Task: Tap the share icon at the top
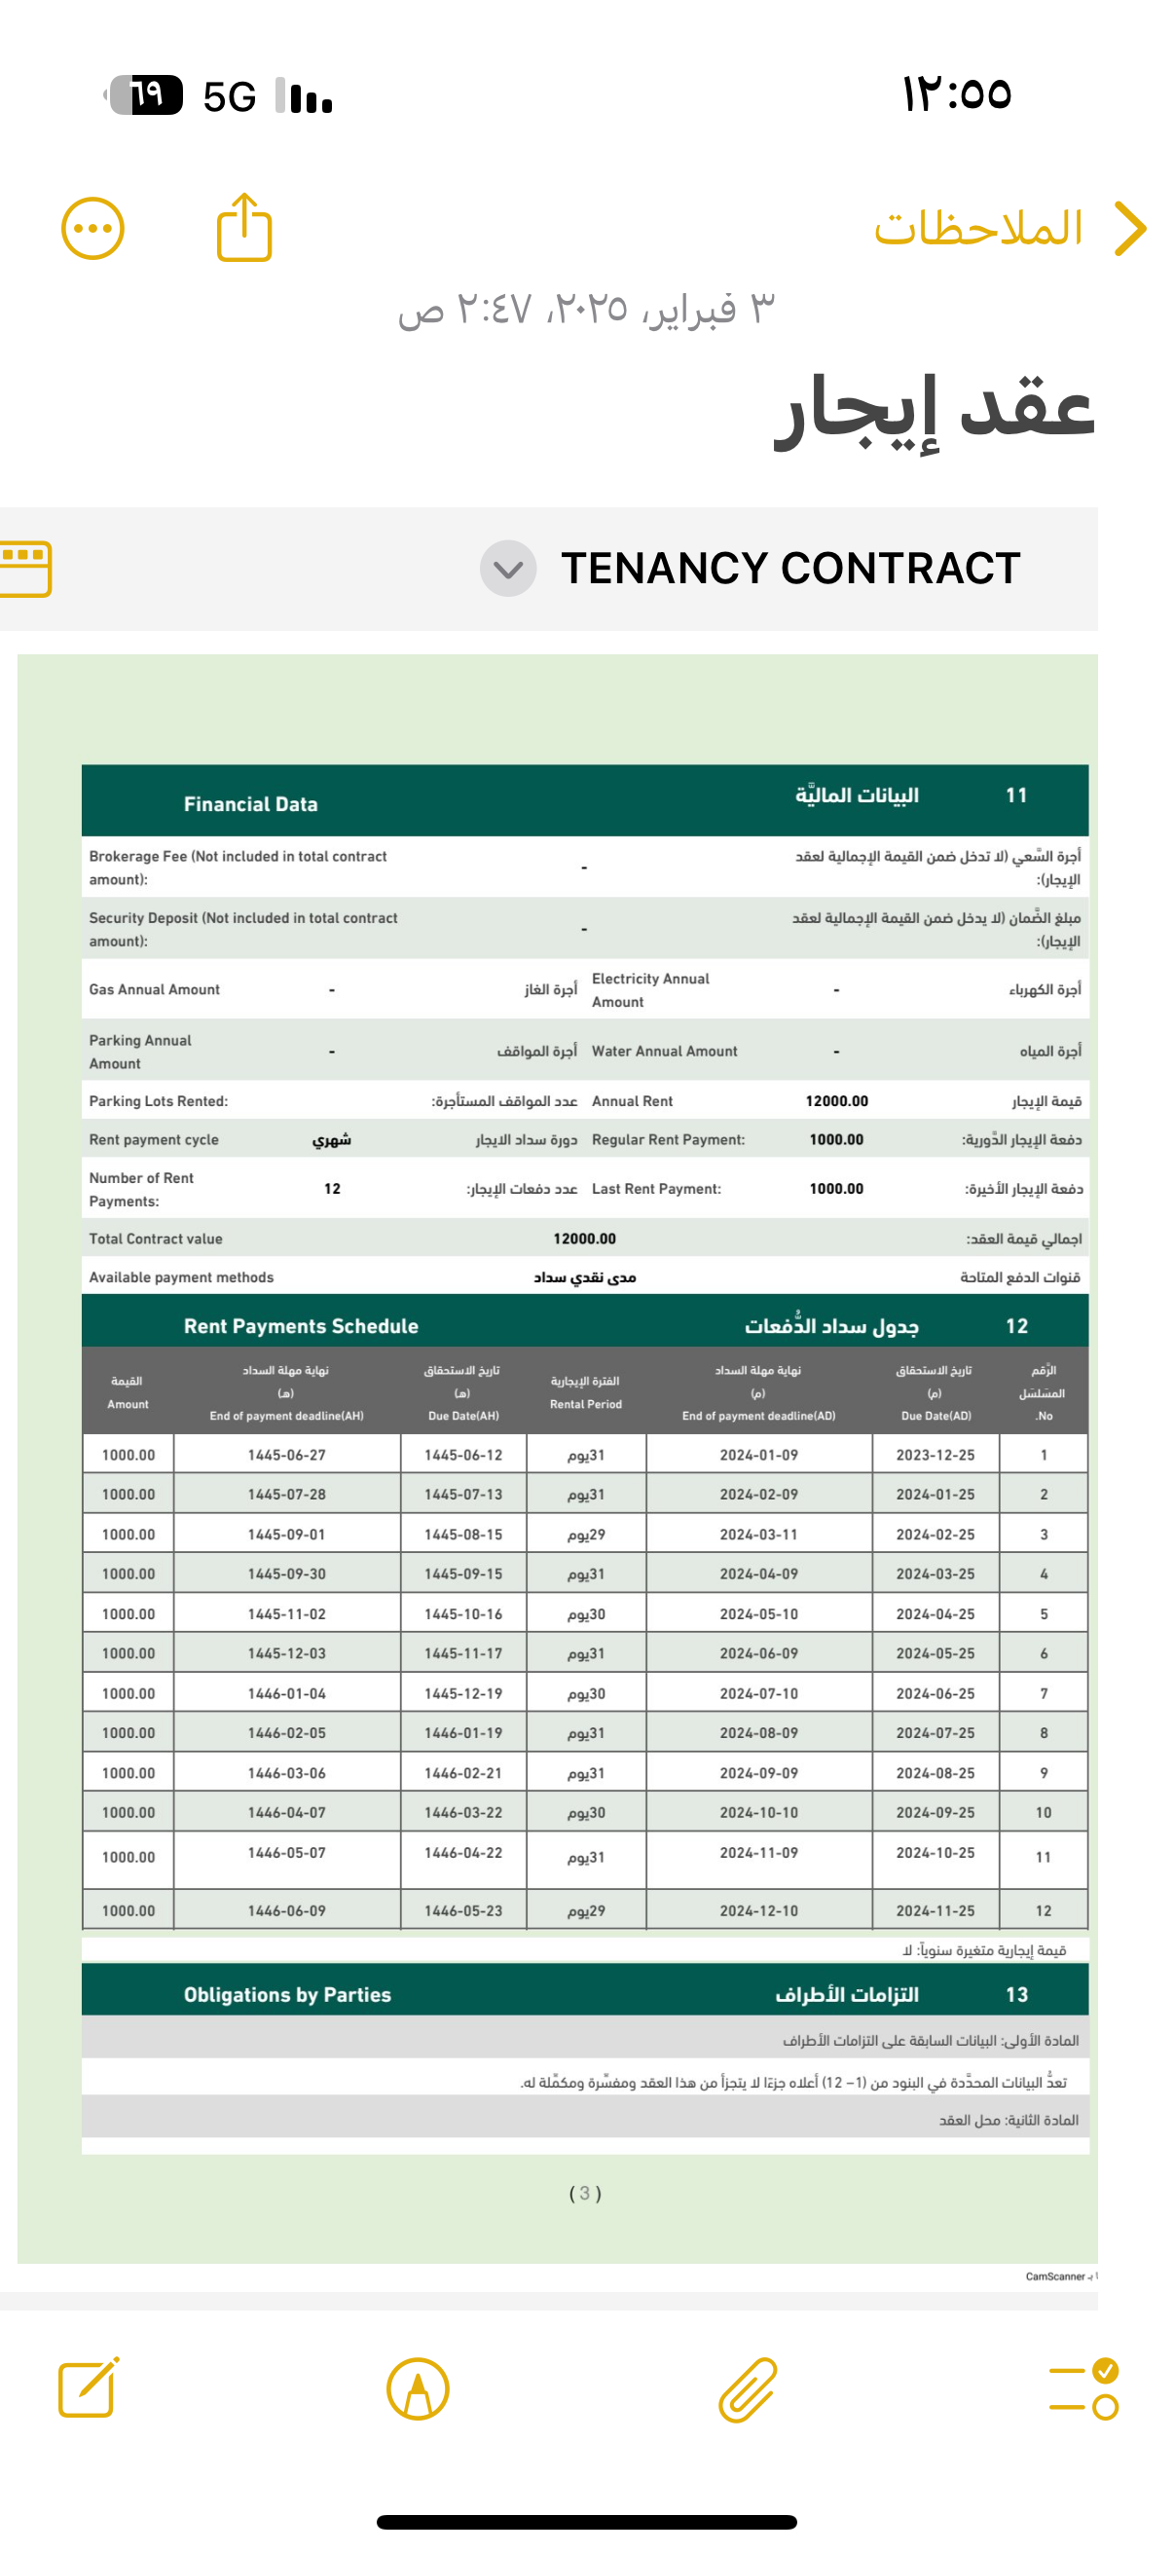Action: coord(243,229)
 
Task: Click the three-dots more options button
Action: coord(93,229)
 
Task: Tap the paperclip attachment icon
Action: coord(747,2389)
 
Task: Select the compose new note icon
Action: coord(89,2388)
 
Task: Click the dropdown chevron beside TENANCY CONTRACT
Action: coord(508,569)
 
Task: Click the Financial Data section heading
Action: coord(250,803)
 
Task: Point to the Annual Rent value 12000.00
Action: coord(836,1101)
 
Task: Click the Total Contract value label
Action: coord(156,1239)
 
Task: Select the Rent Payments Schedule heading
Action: coord(301,1326)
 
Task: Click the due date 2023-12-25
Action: coord(936,1455)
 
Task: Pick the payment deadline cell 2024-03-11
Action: coord(759,1535)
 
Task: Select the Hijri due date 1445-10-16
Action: coord(462,1613)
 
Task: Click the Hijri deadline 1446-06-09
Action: coord(286,1910)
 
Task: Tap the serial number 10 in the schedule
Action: coord(1044,1813)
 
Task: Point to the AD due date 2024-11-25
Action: coord(936,1910)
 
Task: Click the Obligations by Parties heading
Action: coord(287,1995)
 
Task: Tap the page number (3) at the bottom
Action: coord(585,2194)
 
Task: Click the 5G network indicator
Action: coord(230,97)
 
